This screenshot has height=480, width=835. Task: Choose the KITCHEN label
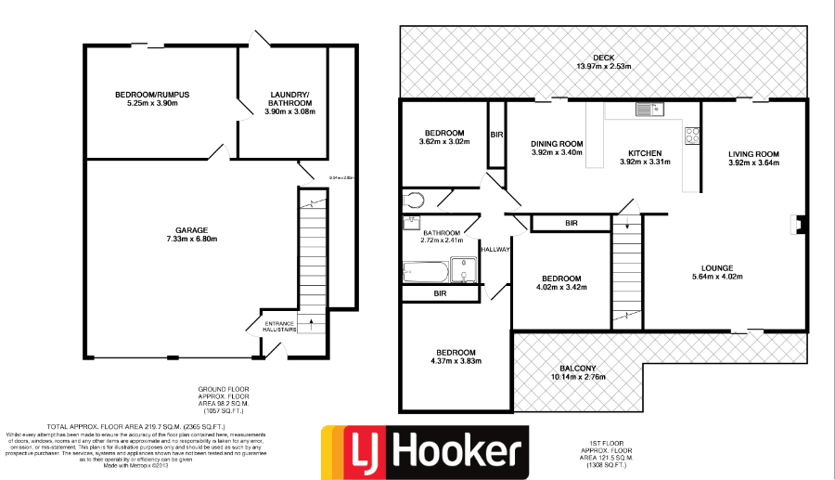tap(645, 153)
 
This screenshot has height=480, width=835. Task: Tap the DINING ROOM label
tap(557, 143)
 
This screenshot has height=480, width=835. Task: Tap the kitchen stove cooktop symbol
tap(691, 137)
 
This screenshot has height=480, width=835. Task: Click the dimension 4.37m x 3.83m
tap(456, 361)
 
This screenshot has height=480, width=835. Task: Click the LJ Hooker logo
tap(424, 452)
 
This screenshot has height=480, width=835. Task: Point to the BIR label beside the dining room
tap(496, 136)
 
